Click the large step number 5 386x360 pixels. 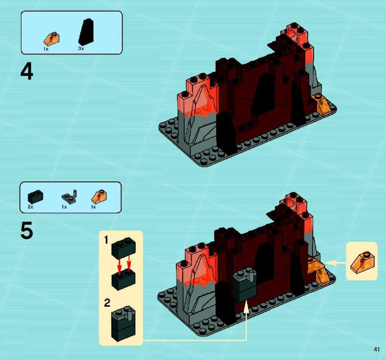tap(27, 230)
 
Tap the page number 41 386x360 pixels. tap(376, 349)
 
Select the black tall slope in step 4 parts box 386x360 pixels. tap(86, 32)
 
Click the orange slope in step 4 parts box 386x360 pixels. tap(51, 39)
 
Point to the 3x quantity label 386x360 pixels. tap(81, 49)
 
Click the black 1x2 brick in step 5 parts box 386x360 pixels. tap(35, 197)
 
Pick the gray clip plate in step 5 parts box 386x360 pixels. tap(70, 196)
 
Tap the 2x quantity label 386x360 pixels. tap(31, 207)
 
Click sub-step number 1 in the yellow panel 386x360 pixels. tap(106, 240)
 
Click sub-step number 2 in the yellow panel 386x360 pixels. tap(107, 303)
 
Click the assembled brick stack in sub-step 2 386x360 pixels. tap(123, 323)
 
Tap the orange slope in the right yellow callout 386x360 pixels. tap(362, 262)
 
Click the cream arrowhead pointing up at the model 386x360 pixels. tap(246, 307)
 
